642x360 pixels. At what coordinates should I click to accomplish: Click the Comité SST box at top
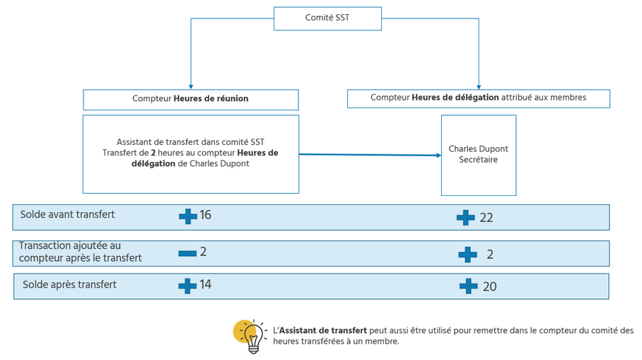[327, 18]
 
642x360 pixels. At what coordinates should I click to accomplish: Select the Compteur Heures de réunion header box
[190, 99]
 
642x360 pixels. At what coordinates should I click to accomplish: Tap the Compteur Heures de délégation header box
[478, 98]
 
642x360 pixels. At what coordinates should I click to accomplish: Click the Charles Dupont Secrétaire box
[478, 155]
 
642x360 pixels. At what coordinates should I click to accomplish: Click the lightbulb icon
[247, 335]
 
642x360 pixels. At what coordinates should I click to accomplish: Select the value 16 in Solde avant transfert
[205, 215]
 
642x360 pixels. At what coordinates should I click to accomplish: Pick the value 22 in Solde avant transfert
[486, 218]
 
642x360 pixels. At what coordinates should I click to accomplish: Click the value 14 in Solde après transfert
[205, 284]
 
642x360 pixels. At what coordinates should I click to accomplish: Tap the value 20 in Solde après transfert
[489, 286]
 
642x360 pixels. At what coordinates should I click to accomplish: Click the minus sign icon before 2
[187, 252]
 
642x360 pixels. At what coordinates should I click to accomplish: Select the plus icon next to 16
[187, 216]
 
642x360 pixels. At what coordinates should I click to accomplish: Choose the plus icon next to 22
[465, 218]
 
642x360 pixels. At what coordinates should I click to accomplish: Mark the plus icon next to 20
[468, 286]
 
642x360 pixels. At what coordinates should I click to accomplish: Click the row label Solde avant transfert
[67, 214]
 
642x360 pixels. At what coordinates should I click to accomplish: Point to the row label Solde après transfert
[69, 284]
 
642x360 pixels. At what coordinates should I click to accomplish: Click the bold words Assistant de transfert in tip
[322, 330]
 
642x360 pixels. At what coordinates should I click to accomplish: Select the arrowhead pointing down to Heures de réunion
[190, 86]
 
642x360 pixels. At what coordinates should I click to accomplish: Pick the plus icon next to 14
[187, 285]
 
